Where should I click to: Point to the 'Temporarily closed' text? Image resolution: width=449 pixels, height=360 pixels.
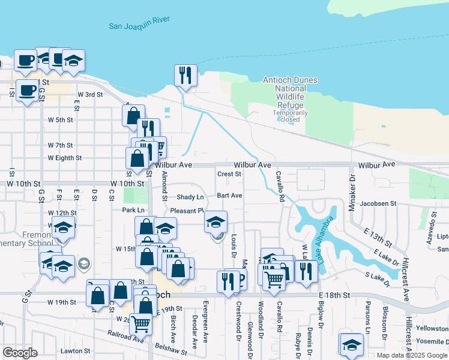[290, 116]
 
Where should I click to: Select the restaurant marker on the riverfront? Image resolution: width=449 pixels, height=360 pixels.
[185, 76]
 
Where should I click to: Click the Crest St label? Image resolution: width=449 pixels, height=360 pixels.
[229, 174]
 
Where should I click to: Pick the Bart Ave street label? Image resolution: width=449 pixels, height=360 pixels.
[229, 196]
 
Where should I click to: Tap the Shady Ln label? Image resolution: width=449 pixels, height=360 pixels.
[190, 197]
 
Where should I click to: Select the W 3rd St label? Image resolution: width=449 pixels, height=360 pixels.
[90, 94]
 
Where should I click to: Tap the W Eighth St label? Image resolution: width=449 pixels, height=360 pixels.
[65, 158]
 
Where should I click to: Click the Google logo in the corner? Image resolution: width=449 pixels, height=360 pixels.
[20, 353]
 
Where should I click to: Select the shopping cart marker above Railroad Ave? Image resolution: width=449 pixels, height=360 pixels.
[140, 324]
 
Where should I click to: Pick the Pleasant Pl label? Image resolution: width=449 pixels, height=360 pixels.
[187, 211]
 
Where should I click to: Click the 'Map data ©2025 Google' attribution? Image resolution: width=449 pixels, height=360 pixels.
[411, 355]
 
